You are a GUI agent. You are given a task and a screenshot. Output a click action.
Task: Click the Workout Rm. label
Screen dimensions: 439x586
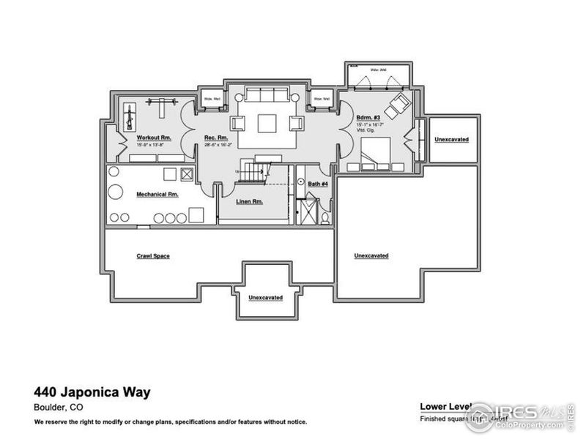coord(154,137)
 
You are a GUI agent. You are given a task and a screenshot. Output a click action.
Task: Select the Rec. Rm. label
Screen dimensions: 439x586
coord(216,137)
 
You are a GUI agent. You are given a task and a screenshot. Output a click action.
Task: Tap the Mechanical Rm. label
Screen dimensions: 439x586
coord(157,195)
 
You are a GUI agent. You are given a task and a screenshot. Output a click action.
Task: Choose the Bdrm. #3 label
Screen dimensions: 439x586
coord(368,118)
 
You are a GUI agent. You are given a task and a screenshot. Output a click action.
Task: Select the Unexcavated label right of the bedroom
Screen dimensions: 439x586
coord(451,139)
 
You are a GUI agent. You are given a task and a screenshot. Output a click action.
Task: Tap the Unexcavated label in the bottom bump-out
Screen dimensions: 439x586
coord(266,298)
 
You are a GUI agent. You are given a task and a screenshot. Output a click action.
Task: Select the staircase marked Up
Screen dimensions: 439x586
coord(253,173)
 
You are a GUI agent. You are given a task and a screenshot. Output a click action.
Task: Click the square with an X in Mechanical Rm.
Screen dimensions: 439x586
coord(186,175)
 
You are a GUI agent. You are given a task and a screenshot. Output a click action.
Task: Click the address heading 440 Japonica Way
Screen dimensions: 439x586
coord(92,393)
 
